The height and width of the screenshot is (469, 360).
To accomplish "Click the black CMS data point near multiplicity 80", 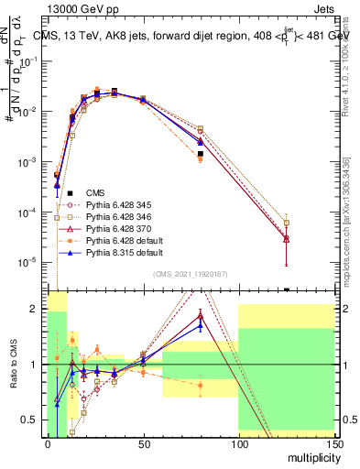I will [200, 154].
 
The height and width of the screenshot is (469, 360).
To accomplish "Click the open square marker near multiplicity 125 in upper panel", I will [287, 223].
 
